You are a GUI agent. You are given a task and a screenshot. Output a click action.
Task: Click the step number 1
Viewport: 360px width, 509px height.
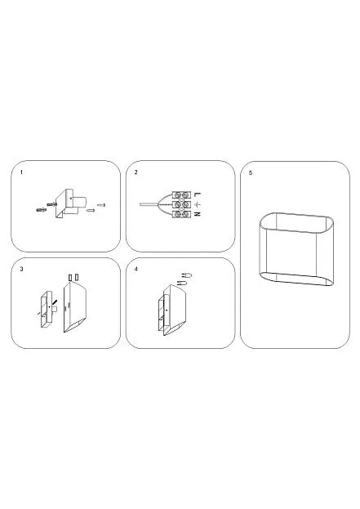(x=22, y=172)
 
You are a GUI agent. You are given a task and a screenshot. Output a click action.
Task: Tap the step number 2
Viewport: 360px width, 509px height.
(x=136, y=172)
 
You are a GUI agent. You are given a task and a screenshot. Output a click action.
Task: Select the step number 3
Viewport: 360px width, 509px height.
(x=22, y=269)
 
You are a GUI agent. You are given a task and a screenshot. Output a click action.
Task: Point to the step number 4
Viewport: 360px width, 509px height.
(x=136, y=269)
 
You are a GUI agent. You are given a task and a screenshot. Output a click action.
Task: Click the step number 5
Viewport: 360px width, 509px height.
(x=251, y=172)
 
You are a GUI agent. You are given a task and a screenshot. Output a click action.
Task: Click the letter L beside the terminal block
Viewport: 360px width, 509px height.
(x=198, y=194)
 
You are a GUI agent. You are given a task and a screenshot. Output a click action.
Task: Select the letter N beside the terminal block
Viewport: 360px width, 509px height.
(x=198, y=214)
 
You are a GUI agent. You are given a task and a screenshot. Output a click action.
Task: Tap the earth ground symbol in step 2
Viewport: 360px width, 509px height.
(x=198, y=204)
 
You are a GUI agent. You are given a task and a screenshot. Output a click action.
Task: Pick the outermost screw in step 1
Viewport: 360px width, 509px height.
(x=42, y=210)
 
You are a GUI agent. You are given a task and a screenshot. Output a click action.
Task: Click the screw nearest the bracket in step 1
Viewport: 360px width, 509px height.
(x=52, y=204)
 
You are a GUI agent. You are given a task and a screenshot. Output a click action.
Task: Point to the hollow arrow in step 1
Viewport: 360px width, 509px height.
(x=91, y=210)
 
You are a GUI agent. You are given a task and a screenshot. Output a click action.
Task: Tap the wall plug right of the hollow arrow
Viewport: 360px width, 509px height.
(x=101, y=205)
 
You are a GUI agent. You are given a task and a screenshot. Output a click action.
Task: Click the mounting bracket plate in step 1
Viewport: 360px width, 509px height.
(x=63, y=204)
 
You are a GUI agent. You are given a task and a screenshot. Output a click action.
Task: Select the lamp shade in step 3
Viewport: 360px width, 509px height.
(x=75, y=307)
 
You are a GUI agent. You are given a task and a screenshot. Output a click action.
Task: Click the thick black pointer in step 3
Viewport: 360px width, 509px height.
(x=55, y=303)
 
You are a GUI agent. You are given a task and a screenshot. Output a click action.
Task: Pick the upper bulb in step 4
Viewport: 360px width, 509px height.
(x=186, y=275)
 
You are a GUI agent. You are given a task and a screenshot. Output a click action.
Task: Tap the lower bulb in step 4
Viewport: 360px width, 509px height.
(x=182, y=283)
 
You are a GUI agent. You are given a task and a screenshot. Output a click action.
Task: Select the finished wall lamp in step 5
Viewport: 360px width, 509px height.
(x=296, y=249)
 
